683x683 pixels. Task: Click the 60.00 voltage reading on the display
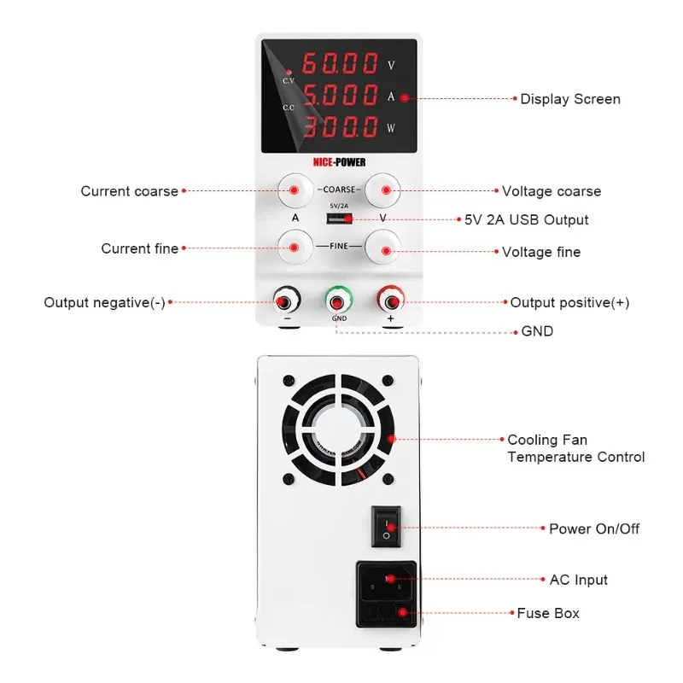click(340, 63)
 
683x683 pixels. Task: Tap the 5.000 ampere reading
click(340, 95)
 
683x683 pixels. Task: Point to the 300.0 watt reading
click(340, 127)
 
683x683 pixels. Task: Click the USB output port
click(337, 219)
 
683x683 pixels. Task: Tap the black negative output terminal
click(286, 301)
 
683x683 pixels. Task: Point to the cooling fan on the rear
click(339, 438)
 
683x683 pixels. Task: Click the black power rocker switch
click(386, 526)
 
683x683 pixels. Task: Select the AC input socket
click(387, 581)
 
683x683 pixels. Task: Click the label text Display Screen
click(570, 99)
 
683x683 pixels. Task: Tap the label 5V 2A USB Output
click(527, 219)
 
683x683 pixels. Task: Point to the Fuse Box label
click(548, 613)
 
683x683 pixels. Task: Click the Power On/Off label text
click(593, 528)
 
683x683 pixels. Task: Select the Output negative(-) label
click(104, 302)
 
